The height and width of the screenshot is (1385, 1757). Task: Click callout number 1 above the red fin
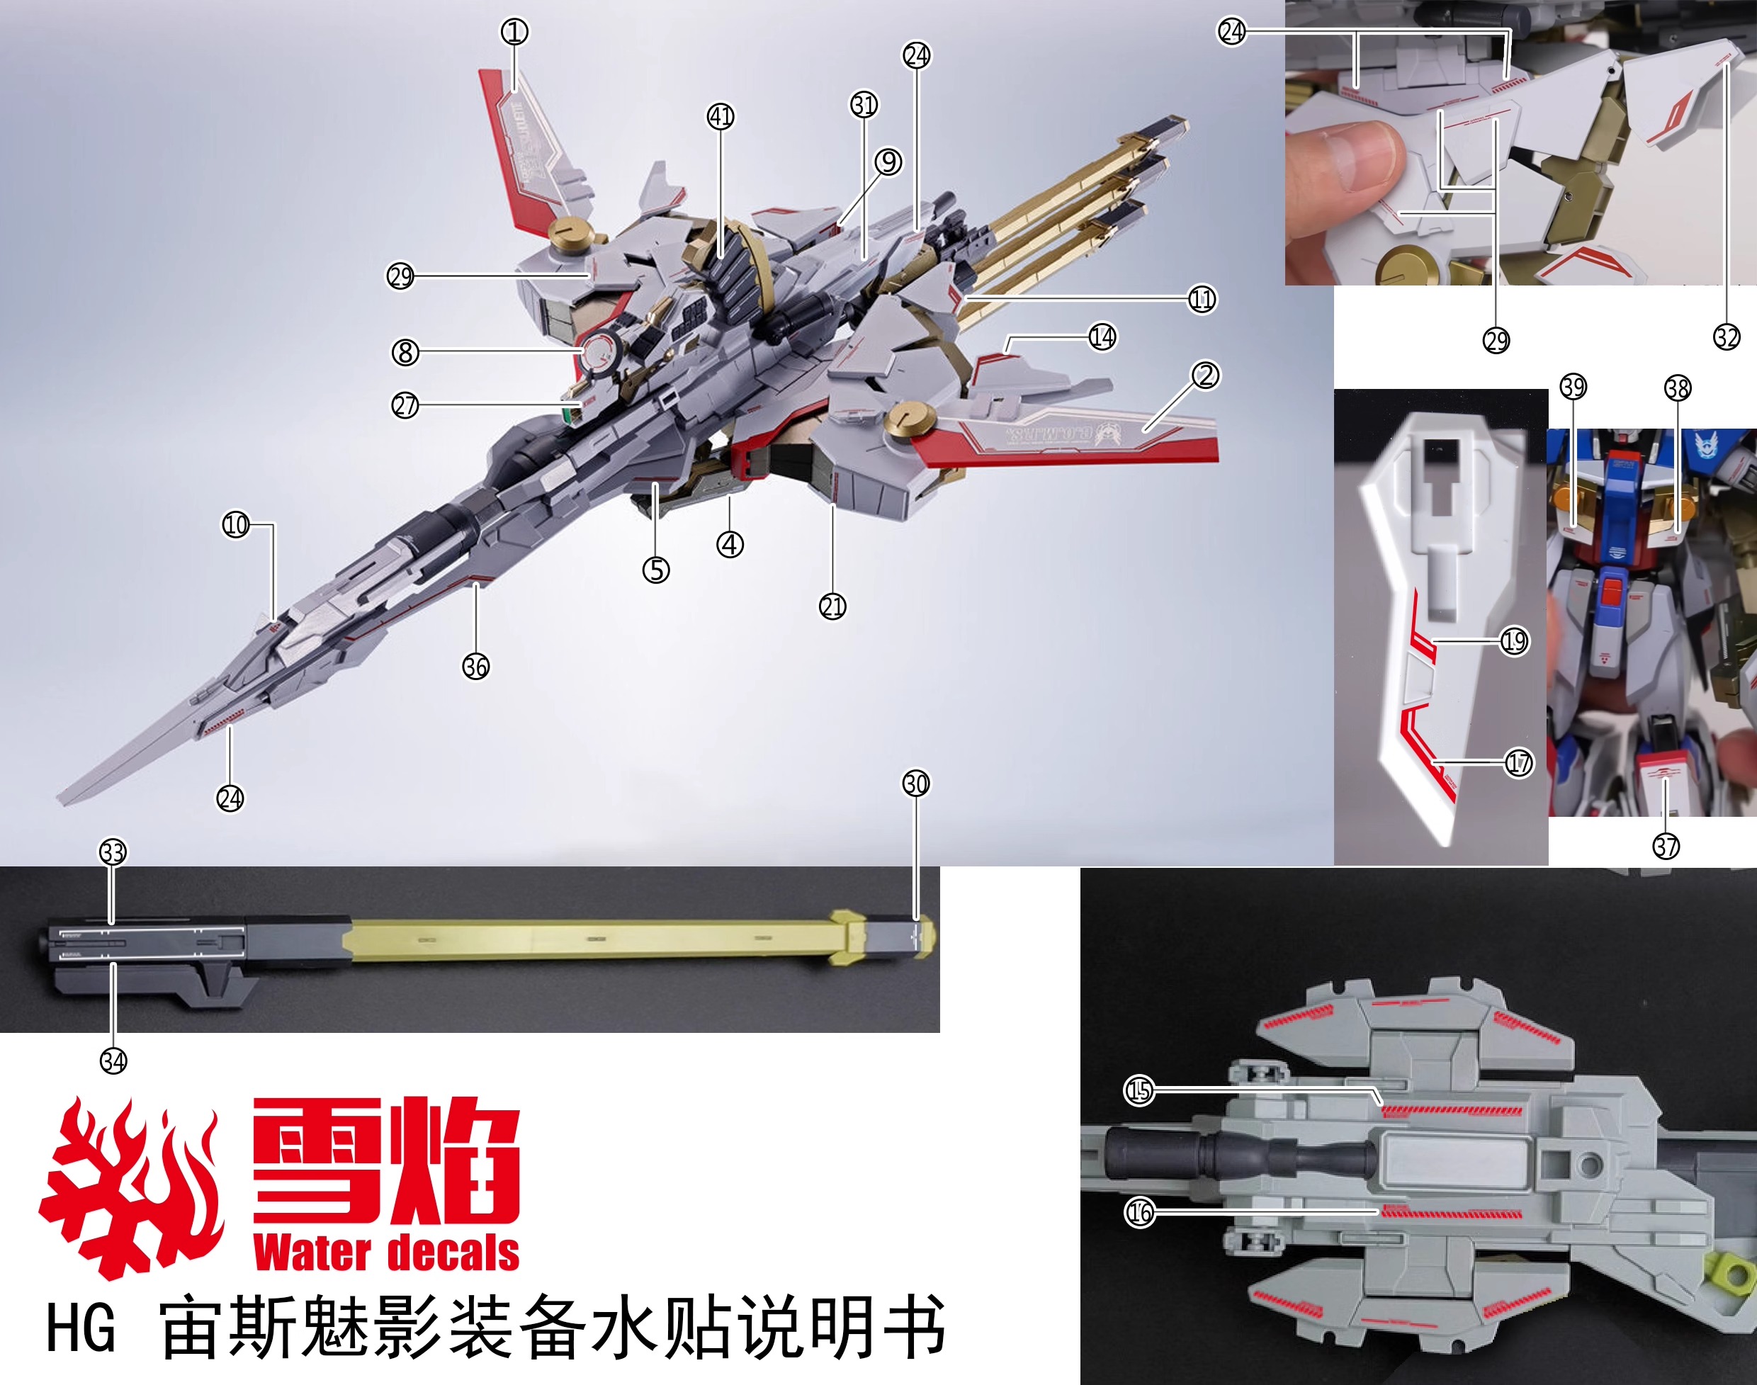point(514,32)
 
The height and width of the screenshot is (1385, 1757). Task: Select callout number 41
point(720,117)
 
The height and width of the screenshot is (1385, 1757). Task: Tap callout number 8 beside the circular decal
point(405,352)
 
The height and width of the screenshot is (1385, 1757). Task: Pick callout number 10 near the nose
point(236,525)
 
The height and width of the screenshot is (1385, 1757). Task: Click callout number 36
point(476,667)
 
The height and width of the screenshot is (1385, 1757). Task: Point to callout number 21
point(832,606)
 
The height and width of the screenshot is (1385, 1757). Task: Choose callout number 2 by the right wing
point(1205,375)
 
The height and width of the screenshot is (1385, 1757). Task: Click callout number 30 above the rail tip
point(915,784)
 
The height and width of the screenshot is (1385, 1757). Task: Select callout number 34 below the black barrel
point(113,1061)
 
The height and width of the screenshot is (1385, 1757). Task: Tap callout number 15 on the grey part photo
point(1139,1090)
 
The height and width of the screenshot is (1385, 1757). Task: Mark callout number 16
point(1139,1212)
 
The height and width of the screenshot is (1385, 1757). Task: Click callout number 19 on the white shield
point(1514,641)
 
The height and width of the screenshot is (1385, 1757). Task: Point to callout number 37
point(1666,847)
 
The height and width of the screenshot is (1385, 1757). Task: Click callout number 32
point(1727,337)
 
